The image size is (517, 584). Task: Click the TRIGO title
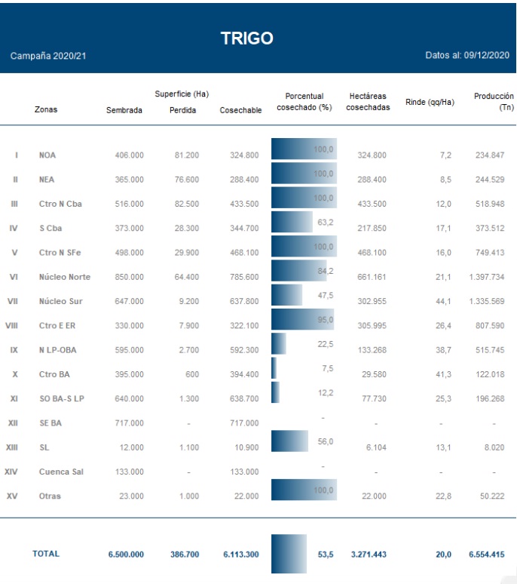click(246, 38)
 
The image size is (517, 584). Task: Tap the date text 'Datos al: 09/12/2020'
click(467, 57)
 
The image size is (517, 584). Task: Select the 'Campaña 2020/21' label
click(48, 57)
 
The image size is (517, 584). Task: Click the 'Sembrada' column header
click(124, 110)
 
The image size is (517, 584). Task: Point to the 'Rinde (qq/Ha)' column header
click(430, 102)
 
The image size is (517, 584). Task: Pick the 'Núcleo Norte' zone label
click(64, 277)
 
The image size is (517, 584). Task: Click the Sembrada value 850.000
click(129, 277)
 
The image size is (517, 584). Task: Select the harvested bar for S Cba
click(292, 222)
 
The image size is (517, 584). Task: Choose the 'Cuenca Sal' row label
click(62, 472)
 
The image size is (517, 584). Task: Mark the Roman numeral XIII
click(12, 447)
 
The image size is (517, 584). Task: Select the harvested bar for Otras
click(304, 491)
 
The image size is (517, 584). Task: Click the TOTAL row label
click(45, 554)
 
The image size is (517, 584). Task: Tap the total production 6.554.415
click(486, 554)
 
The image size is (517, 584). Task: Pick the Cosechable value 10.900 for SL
click(244, 447)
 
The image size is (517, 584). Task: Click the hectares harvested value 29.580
click(372, 374)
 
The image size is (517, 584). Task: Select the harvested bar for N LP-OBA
click(278, 343)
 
